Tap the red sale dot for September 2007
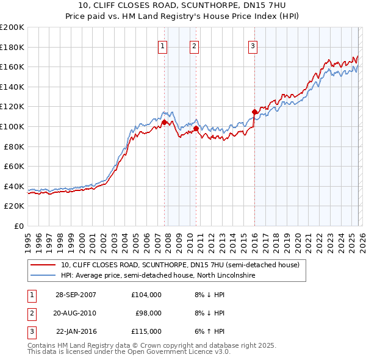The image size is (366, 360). coord(164,123)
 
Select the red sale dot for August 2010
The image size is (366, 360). coord(196,129)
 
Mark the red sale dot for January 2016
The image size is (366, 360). coord(254,112)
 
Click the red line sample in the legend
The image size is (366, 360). coord(43,265)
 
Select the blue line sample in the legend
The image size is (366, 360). coord(43,276)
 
